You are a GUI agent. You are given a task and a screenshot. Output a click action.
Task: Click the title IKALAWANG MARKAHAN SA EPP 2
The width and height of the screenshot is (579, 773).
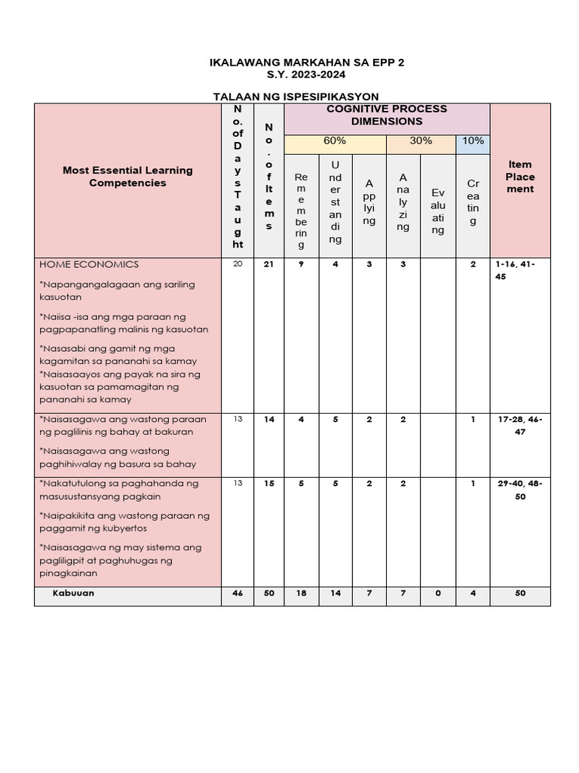tap(307, 63)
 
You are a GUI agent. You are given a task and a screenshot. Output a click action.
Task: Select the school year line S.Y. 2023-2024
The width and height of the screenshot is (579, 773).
tap(307, 75)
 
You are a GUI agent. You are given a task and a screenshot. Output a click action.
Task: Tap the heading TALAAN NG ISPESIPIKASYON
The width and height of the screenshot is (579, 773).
tap(296, 96)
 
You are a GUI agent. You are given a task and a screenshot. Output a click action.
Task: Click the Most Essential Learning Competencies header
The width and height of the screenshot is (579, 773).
tap(127, 177)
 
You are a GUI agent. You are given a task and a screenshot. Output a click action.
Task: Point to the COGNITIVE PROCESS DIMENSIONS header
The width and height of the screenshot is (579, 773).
tap(387, 115)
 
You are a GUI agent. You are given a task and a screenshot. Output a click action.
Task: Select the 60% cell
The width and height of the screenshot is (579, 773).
tap(335, 141)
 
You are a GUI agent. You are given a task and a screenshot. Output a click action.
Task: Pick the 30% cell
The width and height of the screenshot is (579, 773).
tap(421, 141)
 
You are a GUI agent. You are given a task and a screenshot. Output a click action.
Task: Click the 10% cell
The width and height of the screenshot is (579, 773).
tap(473, 141)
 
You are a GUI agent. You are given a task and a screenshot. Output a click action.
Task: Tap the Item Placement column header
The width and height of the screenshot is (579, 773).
tap(520, 177)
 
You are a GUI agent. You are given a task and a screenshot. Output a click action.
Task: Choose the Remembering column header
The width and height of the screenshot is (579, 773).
tap(302, 210)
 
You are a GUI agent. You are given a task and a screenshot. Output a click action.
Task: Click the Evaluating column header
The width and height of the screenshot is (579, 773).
tap(438, 211)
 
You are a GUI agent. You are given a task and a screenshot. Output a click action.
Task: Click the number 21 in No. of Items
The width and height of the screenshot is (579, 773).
tap(269, 265)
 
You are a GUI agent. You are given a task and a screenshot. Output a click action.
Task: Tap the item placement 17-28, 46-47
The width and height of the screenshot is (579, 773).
tap(520, 426)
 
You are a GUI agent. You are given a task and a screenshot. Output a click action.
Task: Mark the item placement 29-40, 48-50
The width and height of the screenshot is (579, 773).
tap(520, 490)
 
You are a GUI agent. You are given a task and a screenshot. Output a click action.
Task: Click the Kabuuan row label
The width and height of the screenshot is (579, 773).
tap(73, 593)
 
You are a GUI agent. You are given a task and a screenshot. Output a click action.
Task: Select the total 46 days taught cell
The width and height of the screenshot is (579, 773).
tap(238, 594)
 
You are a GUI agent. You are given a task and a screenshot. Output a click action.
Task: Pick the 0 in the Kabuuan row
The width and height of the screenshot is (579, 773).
tap(438, 594)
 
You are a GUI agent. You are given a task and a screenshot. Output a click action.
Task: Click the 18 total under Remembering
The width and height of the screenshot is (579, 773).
tap(302, 594)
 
